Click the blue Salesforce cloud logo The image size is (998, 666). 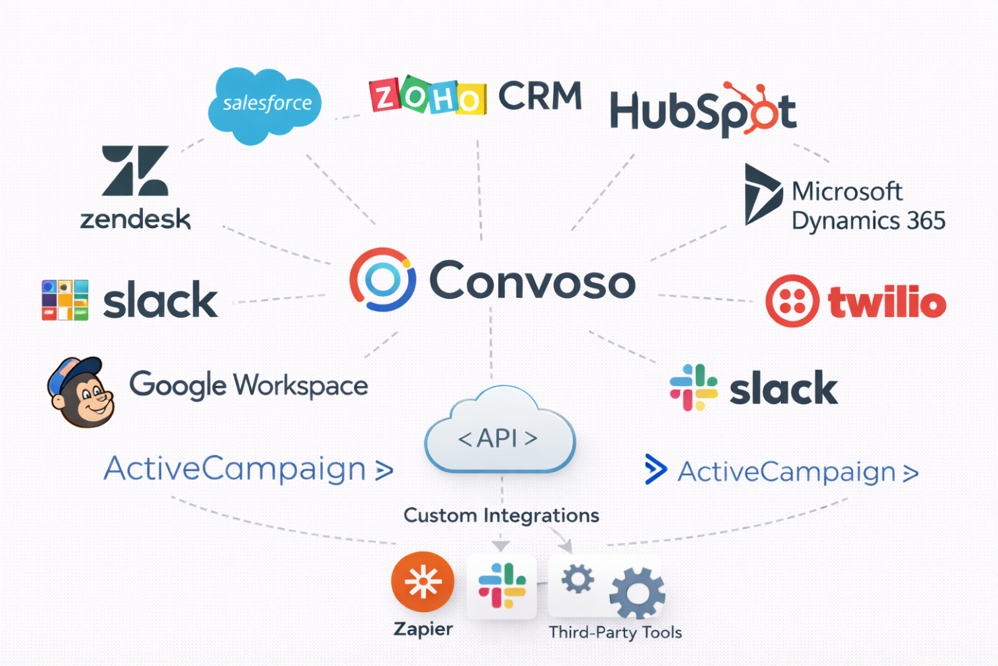pos(264,105)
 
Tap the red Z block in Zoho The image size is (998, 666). pos(385,96)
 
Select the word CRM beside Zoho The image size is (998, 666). pos(539,96)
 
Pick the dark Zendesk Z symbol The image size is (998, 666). pos(135,171)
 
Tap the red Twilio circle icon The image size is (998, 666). pos(792,301)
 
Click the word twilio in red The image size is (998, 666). pos(887,302)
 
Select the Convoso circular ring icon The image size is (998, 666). pos(382,279)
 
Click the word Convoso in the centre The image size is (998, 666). pos(532,281)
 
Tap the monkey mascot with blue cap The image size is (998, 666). pos(81,392)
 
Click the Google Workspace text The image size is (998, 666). pos(248,385)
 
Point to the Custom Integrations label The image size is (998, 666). pos(501,516)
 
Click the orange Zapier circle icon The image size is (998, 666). pos(423,582)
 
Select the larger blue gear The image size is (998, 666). pos(637,593)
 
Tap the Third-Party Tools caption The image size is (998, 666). pos(615,632)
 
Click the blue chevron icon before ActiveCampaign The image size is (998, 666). pos(655,470)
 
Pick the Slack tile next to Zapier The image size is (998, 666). pos(502,586)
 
